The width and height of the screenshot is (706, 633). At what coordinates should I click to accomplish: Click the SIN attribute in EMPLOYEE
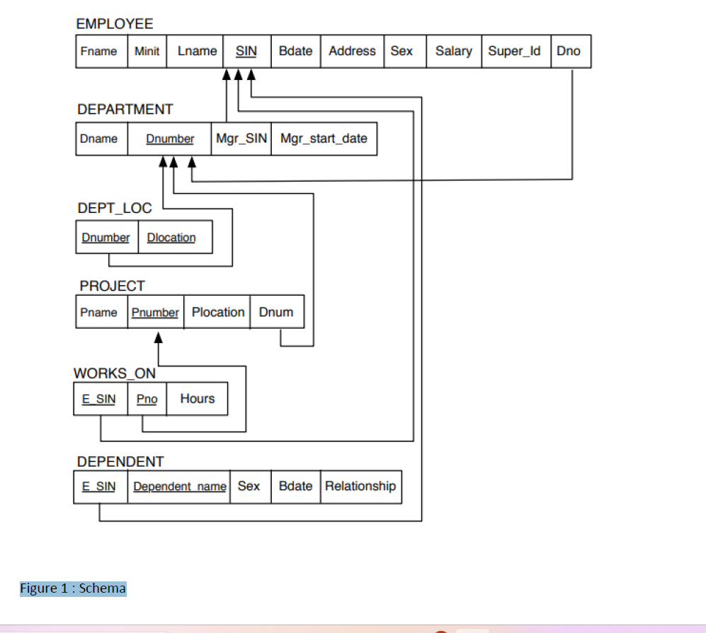pos(246,51)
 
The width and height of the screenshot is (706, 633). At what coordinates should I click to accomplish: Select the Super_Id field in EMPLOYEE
pos(515,51)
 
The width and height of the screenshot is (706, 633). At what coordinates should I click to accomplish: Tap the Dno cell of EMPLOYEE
pos(569,51)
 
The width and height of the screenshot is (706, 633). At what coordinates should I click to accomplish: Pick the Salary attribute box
pos(453,51)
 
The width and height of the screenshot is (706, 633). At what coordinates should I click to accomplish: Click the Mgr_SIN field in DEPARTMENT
pos(241,139)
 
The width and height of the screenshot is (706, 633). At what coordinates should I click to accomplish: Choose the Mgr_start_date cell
pos(324,139)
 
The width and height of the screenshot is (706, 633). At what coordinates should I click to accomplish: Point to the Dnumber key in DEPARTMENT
pos(170,139)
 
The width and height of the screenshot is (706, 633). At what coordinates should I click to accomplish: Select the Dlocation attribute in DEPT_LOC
pos(171,238)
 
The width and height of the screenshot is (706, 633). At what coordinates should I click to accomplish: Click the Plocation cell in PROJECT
pos(217,312)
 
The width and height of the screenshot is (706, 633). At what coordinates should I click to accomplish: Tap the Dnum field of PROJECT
pos(276,312)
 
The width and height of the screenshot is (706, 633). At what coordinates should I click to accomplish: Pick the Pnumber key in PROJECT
pos(156,312)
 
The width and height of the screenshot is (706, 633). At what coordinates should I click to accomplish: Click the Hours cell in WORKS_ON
pos(197,399)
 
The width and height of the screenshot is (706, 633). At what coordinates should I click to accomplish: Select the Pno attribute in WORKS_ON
pos(147,399)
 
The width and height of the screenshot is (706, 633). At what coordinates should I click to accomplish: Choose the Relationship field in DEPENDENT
pos(360,486)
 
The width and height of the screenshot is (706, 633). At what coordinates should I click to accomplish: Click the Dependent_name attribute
pos(179,487)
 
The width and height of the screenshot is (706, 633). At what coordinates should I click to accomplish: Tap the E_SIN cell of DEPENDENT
pos(99,487)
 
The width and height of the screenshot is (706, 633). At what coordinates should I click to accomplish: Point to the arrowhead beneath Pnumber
pos(159,339)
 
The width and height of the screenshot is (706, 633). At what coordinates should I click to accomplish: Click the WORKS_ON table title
pos(115,373)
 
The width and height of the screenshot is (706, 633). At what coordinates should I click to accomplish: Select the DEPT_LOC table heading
pos(115,208)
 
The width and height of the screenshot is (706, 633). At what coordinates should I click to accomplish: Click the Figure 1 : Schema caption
pos(73,588)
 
